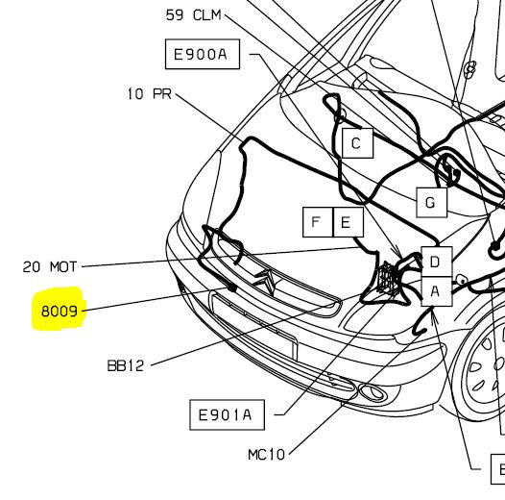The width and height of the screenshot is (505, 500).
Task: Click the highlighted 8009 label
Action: [x=60, y=312]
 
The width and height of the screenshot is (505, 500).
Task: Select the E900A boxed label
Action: [x=203, y=54]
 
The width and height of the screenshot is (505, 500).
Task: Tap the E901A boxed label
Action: [x=227, y=414]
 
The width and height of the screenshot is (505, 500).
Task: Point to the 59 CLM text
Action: [x=194, y=15]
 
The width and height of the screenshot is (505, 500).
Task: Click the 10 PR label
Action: [x=150, y=94]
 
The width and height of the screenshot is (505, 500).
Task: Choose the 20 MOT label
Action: [x=50, y=266]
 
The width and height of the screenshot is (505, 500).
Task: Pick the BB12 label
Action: [x=125, y=365]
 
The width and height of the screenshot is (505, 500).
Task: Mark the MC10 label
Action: [x=266, y=455]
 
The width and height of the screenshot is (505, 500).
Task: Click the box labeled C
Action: [x=357, y=143]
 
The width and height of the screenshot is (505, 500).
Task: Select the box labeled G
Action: [x=432, y=203]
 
